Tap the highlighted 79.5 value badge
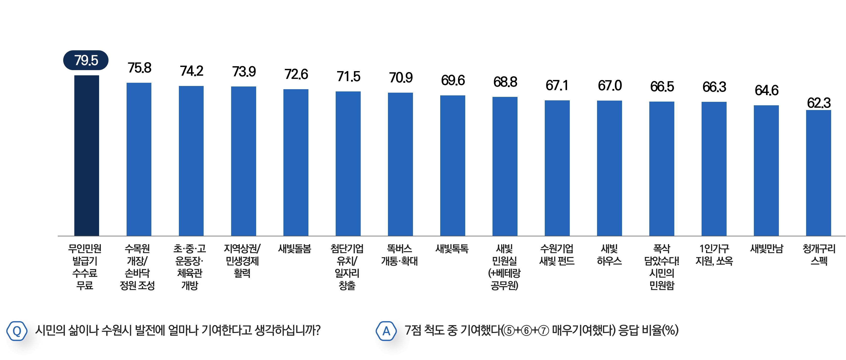[x=86, y=60]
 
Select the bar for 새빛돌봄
[x=296, y=162]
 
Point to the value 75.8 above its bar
[x=139, y=68]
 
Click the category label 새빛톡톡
[x=452, y=249]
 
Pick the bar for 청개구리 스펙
[x=819, y=173]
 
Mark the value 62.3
[x=819, y=103]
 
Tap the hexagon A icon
[x=386, y=331]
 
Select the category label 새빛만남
[x=766, y=249]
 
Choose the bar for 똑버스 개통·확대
[x=400, y=164]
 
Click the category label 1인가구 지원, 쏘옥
[x=714, y=254]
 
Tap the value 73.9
[x=244, y=72]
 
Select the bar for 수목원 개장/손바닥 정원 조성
[x=139, y=159]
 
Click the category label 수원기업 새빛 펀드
[x=557, y=254]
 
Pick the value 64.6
[x=766, y=90]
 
